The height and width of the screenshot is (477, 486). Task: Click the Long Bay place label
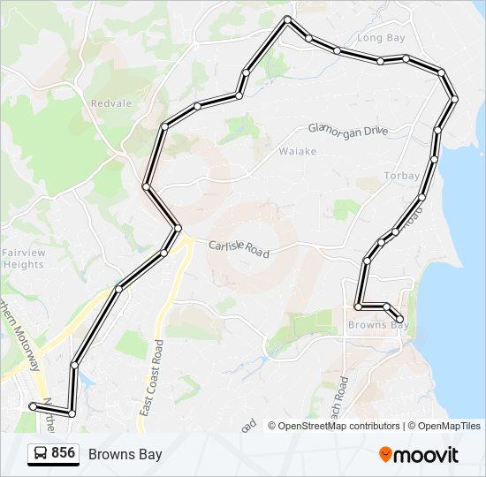[x=381, y=38]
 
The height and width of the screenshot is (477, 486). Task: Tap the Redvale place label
[x=111, y=103]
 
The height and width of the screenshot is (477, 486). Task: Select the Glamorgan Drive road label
[x=348, y=129]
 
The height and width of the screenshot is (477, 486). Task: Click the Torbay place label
[x=401, y=176]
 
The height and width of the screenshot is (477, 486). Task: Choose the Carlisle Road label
[x=239, y=249]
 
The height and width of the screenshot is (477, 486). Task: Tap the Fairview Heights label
[x=23, y=259]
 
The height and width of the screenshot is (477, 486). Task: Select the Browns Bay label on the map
[x=377, y=325]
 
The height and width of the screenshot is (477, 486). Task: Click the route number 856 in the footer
[x=63, y=453]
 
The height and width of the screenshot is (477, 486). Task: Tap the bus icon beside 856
[x=41, y=454]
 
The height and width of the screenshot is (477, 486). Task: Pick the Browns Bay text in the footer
[x=125, y=454]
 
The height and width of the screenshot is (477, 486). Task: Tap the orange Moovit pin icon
[x=385, y=455]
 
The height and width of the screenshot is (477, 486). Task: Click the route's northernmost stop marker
[x=287, y=19]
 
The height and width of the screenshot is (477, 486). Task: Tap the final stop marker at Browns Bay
[x=400, y=319]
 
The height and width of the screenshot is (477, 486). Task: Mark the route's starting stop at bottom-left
[x=33, y=406]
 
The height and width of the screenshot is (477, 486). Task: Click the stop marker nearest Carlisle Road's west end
[x=178, y=228]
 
